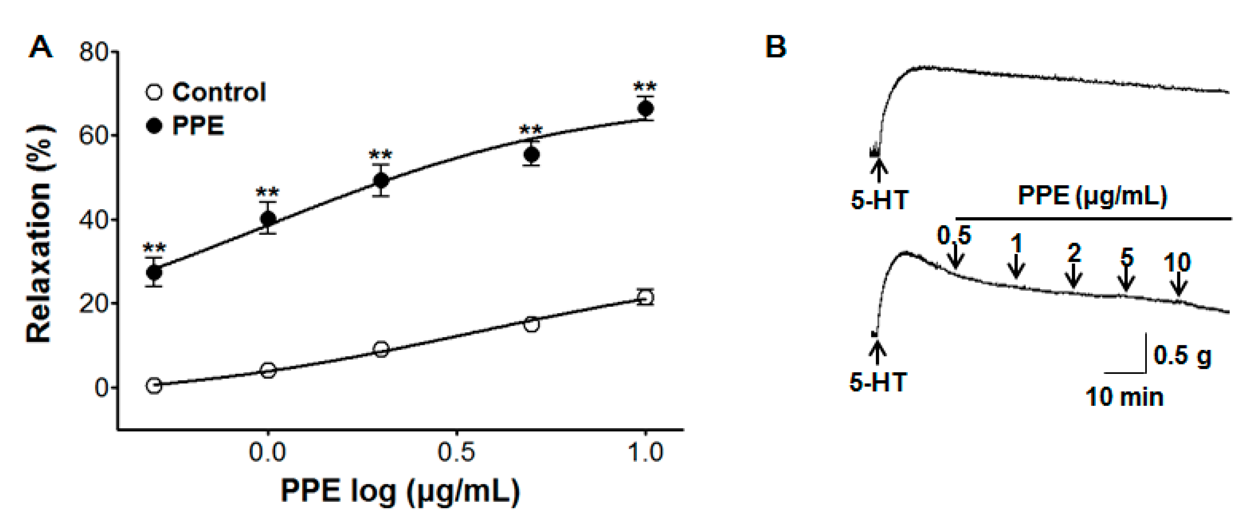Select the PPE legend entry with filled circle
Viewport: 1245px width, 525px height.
186,126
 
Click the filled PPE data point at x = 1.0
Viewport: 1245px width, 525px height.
645,109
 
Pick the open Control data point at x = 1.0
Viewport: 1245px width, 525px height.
645,297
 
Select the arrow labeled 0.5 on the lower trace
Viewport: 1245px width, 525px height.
955,256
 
